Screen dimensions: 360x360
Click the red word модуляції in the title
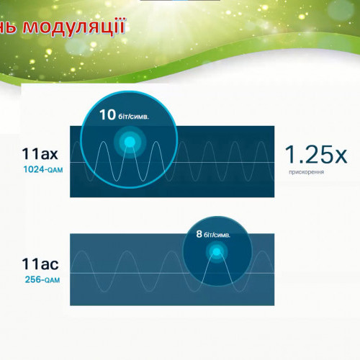[x=73, y=27]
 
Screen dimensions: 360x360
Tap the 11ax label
[x=40, y=153]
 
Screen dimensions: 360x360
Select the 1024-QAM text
[x=43, y=169]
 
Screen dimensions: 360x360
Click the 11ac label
[x=40, y=264]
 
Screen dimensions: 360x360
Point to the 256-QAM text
[x=42, y=279]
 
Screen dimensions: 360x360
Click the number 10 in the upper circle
[x=108, y=114]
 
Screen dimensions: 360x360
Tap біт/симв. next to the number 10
[x=133, y=117]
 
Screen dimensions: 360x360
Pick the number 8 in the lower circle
[x=199, y=234]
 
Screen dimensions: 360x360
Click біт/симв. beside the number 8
[x=217, y=235]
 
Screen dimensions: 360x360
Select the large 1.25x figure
[x=316, y=155]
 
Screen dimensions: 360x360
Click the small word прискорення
[x=307, y=172]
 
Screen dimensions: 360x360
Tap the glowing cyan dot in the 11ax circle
[x=130, y=142]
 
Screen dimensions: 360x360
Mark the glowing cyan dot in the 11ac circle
[x=217, y=252]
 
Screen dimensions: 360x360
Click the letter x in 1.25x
[x=340, y=156]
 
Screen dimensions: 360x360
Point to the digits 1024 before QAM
[x=34, y=169]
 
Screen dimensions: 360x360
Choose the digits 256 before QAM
[x=33, y=279]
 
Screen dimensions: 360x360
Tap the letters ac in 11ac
[x=49, y=265]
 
